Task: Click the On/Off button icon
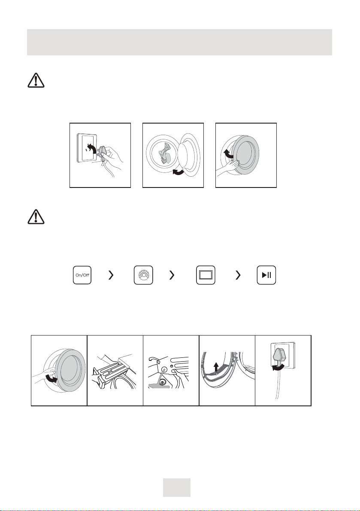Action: click(x=82, y=275)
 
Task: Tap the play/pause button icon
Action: click(x=266, y=275)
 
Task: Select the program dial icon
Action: click(x=143, y=275)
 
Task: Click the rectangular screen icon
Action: click(x=206, y=275)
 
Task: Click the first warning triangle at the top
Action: click(x=36, y=80)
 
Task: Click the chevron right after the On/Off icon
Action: click(x=111, y=275)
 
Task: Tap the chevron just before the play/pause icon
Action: click(x=238, y=275)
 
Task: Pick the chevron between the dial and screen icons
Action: click(x=172, y=275)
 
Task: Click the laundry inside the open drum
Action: click(x=166, y=154)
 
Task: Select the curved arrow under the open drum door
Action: click(x=178, y=172)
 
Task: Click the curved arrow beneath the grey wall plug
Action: click(x=278, y=368)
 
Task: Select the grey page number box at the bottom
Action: click(x=177, y=487)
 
